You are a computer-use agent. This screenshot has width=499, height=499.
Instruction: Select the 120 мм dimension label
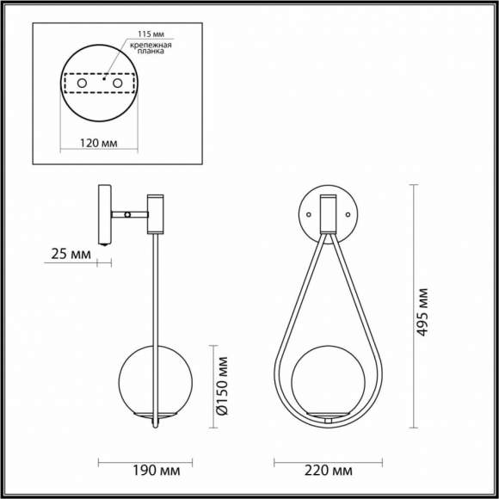point(99,144)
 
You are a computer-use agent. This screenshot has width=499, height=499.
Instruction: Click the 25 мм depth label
point(70,255)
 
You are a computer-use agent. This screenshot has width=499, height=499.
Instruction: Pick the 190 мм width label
point(157,471)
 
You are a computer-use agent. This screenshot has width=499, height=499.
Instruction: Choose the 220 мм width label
point(329,471)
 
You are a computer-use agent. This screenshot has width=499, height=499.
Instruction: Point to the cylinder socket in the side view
point(155,213)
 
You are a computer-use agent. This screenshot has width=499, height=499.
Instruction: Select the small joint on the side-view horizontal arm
point(127,213)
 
